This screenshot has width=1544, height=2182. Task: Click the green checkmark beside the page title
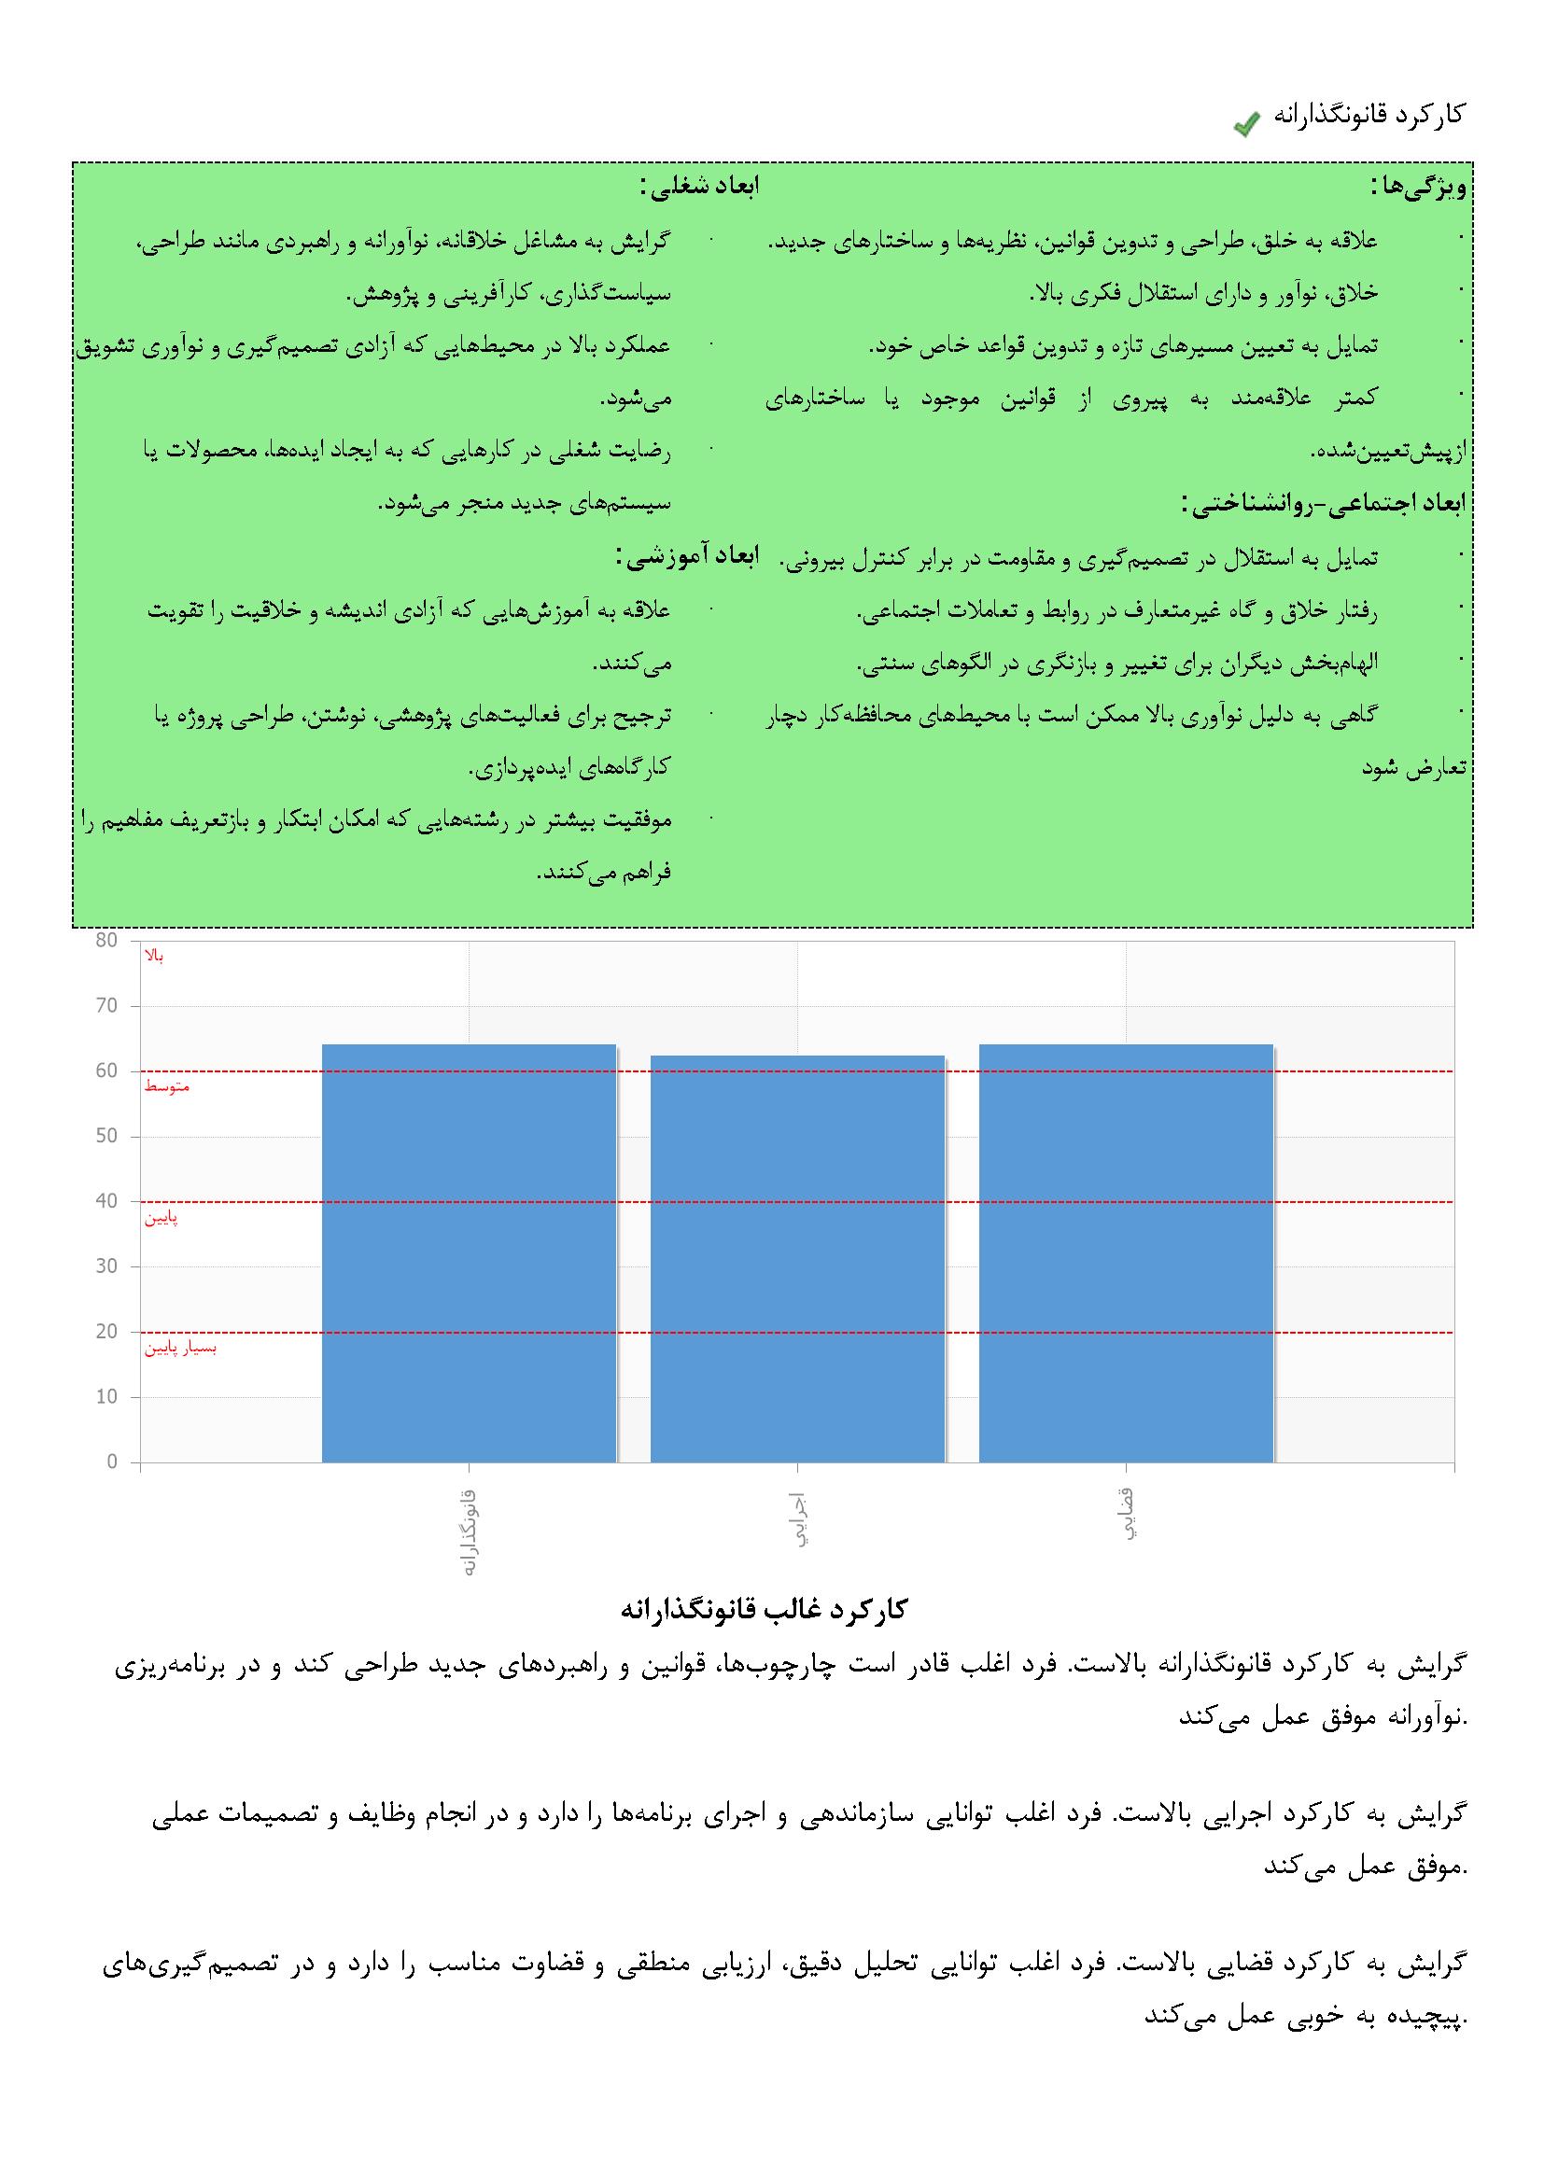1246,123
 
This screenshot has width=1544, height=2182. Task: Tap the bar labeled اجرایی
796,1258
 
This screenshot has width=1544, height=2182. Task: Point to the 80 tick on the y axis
106,941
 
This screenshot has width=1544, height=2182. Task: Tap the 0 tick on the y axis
112,1462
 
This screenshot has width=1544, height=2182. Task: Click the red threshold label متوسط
167,1086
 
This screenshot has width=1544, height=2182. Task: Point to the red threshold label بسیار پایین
181,1348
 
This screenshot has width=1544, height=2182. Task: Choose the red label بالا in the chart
154,956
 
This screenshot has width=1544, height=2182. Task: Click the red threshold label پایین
161,1217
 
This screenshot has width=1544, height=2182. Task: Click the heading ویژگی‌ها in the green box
1419,188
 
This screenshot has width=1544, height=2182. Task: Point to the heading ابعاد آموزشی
687,557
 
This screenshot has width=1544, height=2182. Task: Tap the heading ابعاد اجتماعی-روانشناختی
1323,504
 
